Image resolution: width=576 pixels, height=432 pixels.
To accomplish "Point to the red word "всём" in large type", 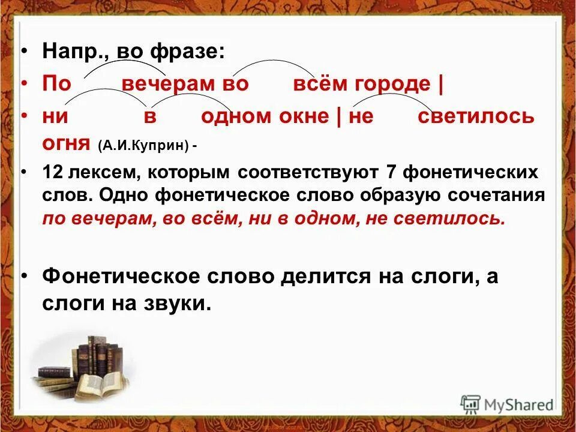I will [320, 83].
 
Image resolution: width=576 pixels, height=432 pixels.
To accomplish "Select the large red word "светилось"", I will [475, 116].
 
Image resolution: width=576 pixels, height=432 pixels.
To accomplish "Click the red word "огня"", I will [67, 144].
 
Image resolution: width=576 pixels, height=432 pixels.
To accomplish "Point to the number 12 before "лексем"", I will [53, 173].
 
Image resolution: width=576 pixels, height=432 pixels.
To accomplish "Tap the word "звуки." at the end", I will [178, 303].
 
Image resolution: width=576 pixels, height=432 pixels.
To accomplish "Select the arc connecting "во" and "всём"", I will [265, 62].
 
